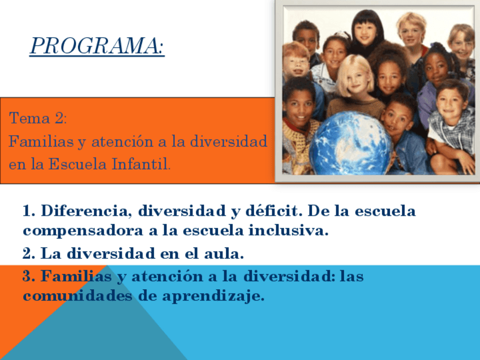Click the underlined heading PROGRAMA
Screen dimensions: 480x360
coord(97,46)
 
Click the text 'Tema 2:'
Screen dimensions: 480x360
coord(38,118)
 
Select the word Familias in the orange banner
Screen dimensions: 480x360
coord(41,142)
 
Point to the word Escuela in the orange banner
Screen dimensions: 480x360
coord(78,164)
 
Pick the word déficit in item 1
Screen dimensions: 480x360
coord(272,211)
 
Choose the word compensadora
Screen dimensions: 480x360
coord(83,231)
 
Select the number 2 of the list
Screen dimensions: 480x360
coord(29,254)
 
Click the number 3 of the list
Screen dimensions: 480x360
coord(29,276)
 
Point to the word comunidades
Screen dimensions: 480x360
coord(78,295)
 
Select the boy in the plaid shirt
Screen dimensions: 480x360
coord(452,126)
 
